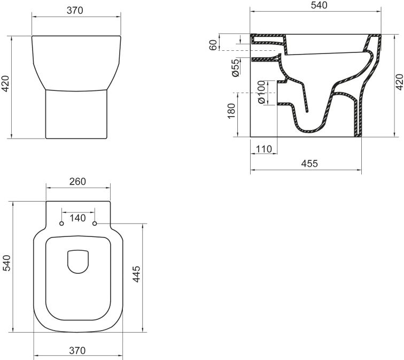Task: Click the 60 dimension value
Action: (214, 45)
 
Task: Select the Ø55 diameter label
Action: (235, 68)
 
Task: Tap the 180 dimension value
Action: (231, 111)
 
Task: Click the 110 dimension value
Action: (264, 149)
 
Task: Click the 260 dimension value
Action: (77, 182)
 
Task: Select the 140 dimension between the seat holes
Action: (78, 218)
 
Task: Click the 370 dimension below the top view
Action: (77, 351)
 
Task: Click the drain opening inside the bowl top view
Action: (78, 262)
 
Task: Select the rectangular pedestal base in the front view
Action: (78, 114)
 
